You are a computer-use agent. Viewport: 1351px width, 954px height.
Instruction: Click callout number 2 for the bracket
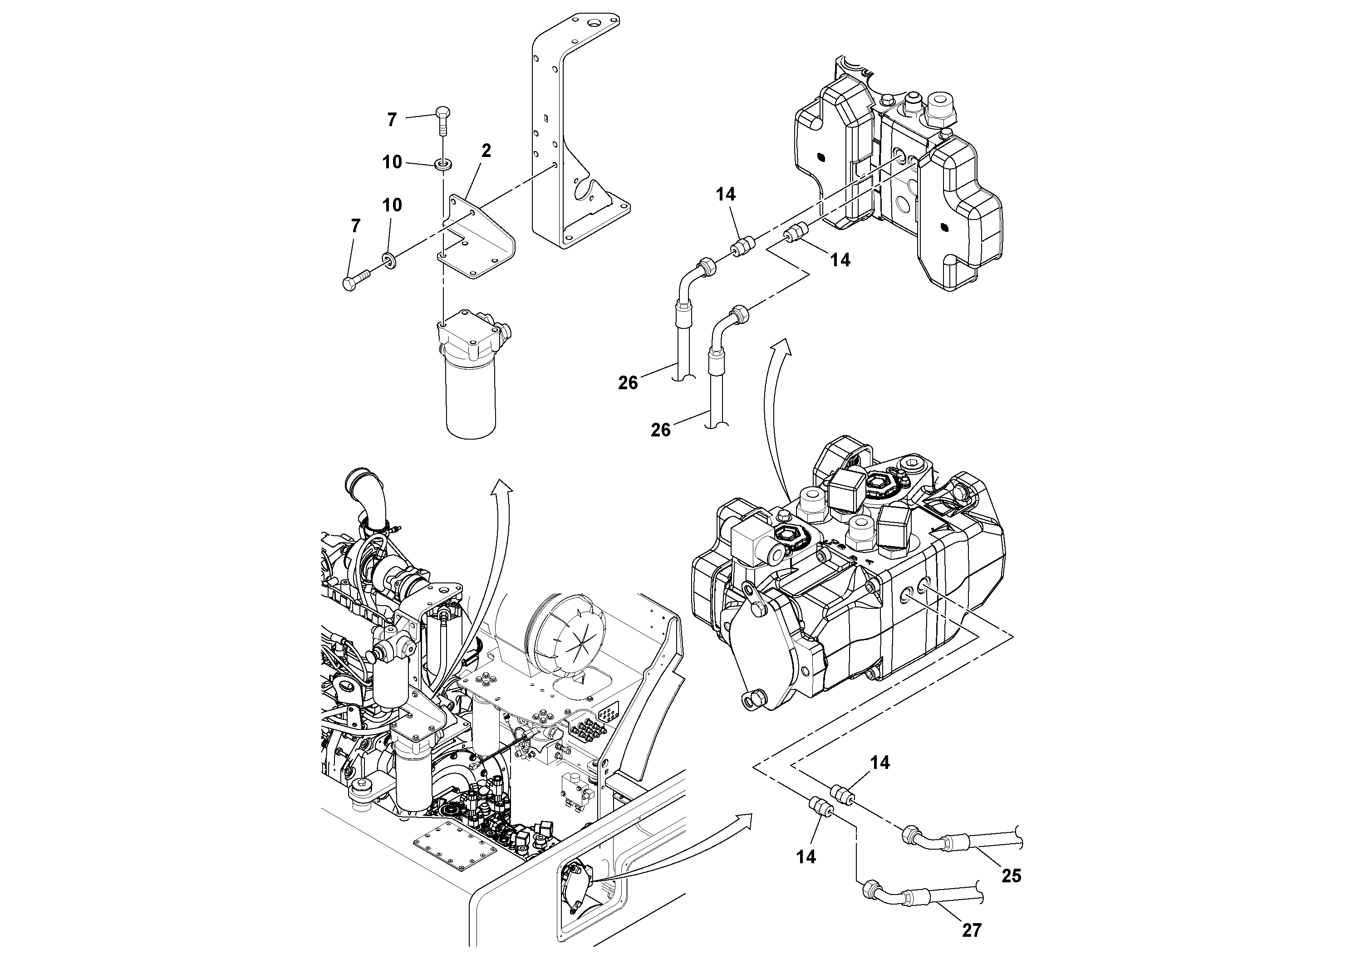(x=486, y=151)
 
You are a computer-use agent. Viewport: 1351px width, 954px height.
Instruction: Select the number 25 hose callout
(x=1011, y=876)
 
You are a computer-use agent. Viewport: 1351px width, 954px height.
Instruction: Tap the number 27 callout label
(x=972, y=930)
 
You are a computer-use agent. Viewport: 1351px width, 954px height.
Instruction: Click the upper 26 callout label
(x=628, y=383)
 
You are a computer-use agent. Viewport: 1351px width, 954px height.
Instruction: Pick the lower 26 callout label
(x=660, y=430)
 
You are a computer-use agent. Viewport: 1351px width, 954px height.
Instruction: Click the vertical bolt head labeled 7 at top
(x=442, y=112)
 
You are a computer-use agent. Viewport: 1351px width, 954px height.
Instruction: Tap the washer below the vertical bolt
(x=442, y=163)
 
